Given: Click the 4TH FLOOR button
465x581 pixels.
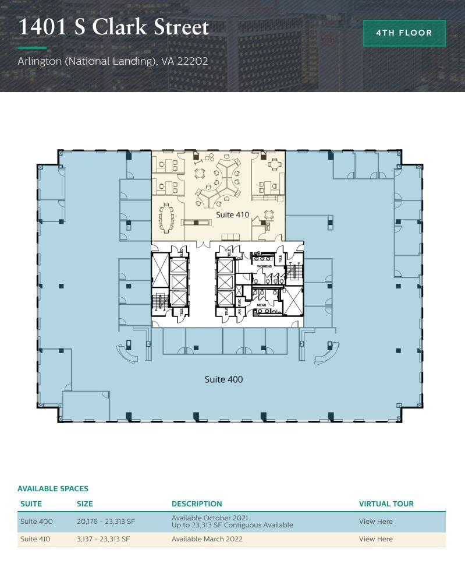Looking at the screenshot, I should point(404,33).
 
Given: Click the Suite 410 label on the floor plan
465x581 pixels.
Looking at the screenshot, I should point(232,215).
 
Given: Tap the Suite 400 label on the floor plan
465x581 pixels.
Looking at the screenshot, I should point(223,379).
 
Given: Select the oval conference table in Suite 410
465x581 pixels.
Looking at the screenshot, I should point(168,218).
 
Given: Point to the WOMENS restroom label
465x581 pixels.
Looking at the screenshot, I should point(265,266).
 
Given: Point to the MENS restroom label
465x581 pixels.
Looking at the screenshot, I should point(262,304).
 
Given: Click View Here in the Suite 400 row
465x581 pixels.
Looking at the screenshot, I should point(375,522).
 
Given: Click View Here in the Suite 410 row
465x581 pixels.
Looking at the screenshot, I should point(375,539).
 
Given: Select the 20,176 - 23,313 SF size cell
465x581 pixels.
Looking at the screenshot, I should point(105,522).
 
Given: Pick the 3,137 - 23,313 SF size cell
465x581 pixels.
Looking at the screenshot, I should point(103,539).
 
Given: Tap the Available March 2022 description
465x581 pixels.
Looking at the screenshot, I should point(207,539).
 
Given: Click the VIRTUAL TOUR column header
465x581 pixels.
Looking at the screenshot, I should point(386,503).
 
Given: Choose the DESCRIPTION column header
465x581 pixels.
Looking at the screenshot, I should point(197,503).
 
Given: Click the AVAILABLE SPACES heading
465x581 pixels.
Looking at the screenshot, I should point(53,488).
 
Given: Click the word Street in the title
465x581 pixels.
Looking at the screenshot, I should point(177,27).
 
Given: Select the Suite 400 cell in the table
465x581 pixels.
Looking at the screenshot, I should point(36,522).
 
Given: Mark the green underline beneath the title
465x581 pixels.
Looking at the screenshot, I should point(32,48).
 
